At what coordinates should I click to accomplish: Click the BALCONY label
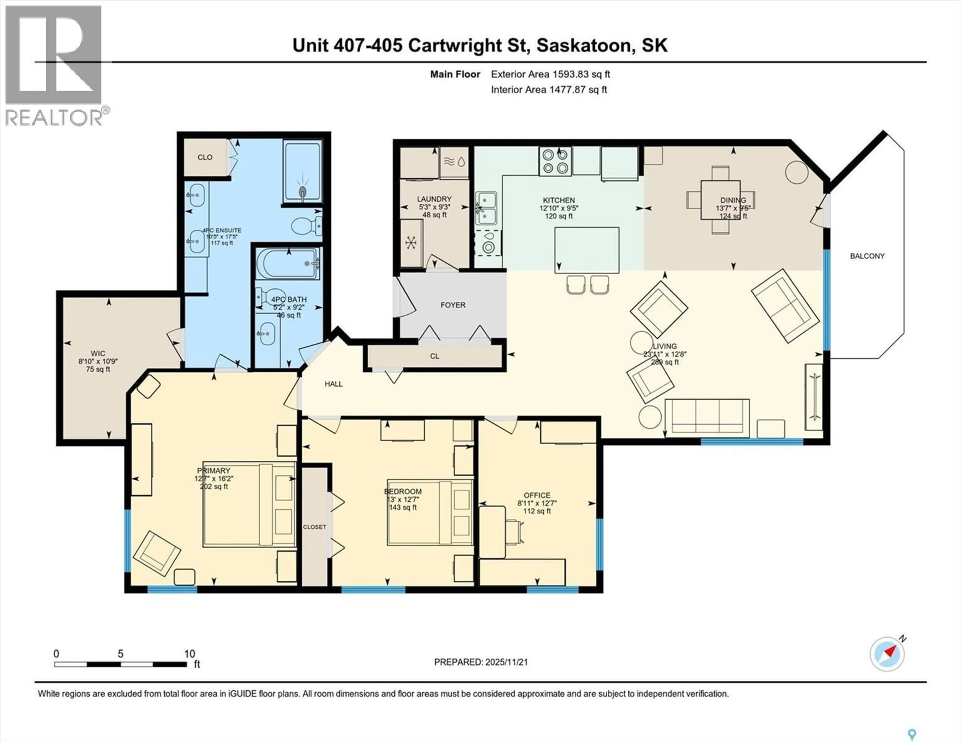coord(867,256)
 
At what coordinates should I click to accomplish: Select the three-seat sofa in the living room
coord(707,418)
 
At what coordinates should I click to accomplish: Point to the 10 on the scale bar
coord(190,653)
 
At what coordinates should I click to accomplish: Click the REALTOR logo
coord(54,66)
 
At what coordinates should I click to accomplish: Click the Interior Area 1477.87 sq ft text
coord(549,90)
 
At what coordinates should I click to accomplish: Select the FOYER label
coord(453,305)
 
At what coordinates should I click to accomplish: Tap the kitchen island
coord(587,250)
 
